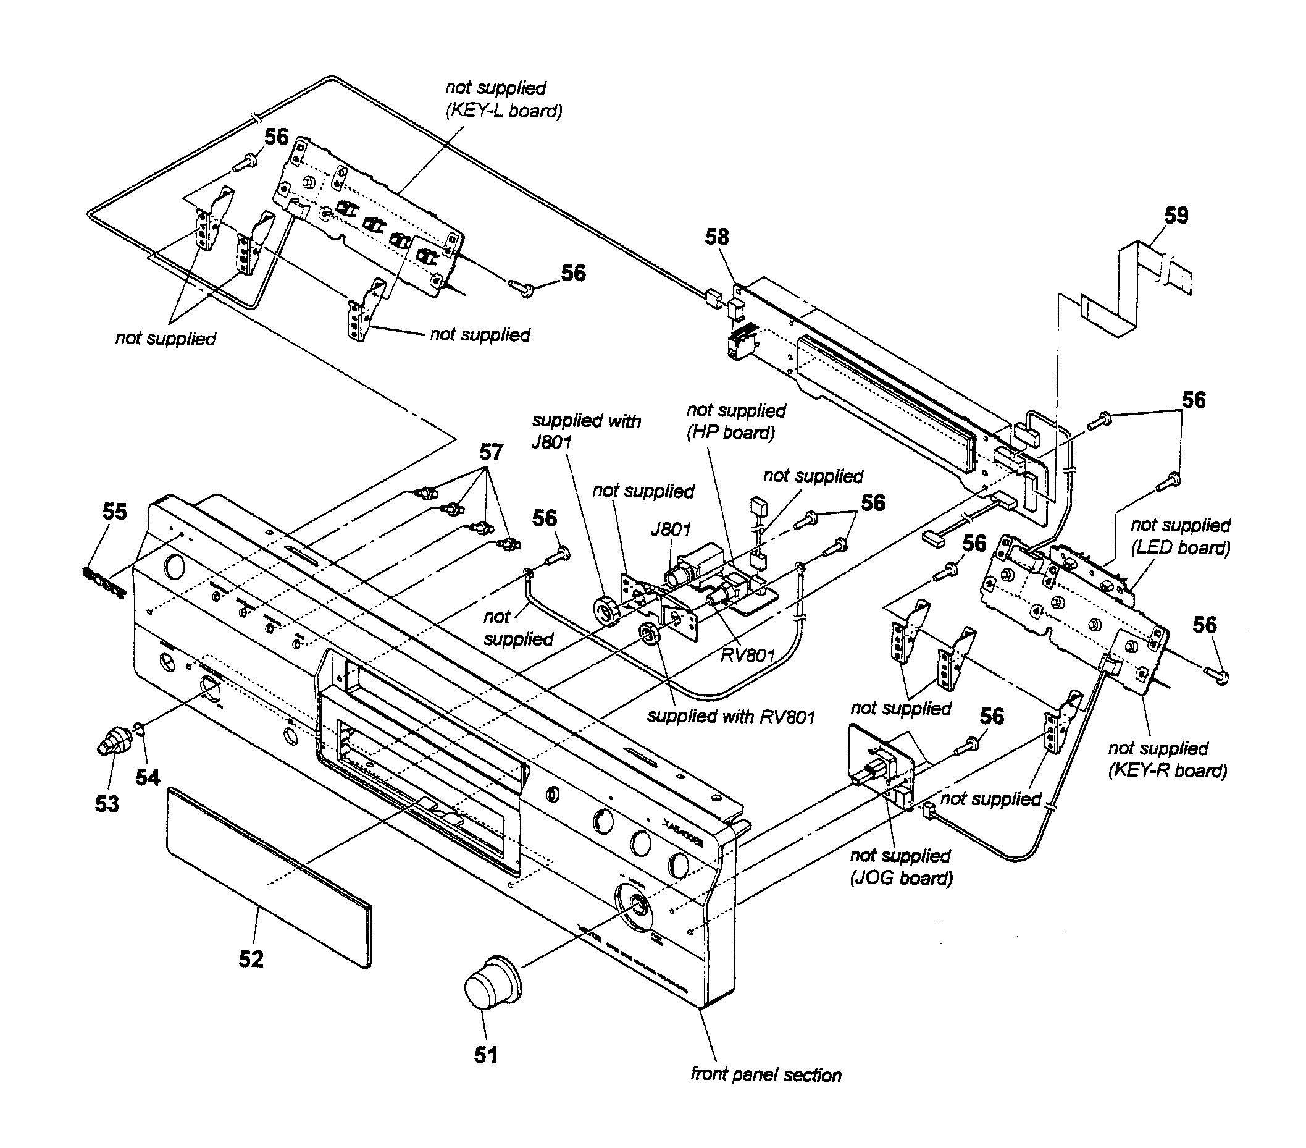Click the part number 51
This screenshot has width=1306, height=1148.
[x=485, y=1055]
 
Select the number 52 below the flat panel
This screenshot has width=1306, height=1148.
[x=251, y=959]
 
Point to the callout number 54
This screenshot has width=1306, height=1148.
[x=148, y=777]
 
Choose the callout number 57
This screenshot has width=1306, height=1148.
[x=491, y=452]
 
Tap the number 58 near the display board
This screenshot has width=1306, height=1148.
[x=716, y=237]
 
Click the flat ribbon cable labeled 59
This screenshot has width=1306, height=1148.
[x=1137, y=288]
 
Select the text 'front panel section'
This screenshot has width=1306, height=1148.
[x=766, y=1075]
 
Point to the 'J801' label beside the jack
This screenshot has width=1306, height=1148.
[x=671, y=530]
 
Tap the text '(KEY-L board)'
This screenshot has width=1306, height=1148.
[x=504, y=111]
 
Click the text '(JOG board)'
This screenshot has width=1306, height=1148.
[x=901, y=878]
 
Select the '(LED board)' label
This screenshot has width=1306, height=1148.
[x=1180, y=548]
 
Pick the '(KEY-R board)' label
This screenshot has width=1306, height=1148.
[x=1167, y=770]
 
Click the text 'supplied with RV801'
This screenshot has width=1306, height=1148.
[x=731, y=717]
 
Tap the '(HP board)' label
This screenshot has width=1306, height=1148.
[x=730, y=433]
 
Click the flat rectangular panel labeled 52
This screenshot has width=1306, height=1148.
[x=269, y=876]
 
